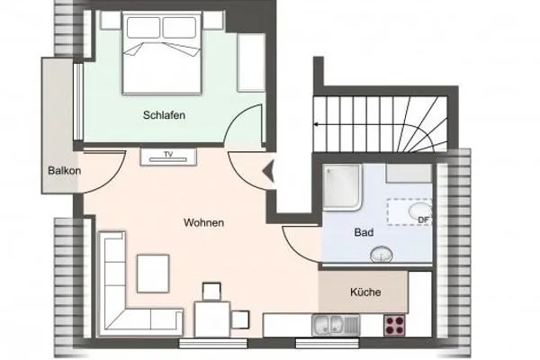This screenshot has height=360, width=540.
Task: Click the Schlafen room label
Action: [163, 116]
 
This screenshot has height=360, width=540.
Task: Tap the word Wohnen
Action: [203, 222]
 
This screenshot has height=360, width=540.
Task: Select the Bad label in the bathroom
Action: [364, 232]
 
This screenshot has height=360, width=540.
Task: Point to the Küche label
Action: [365, 292]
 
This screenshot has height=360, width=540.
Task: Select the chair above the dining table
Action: [211, 291]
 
